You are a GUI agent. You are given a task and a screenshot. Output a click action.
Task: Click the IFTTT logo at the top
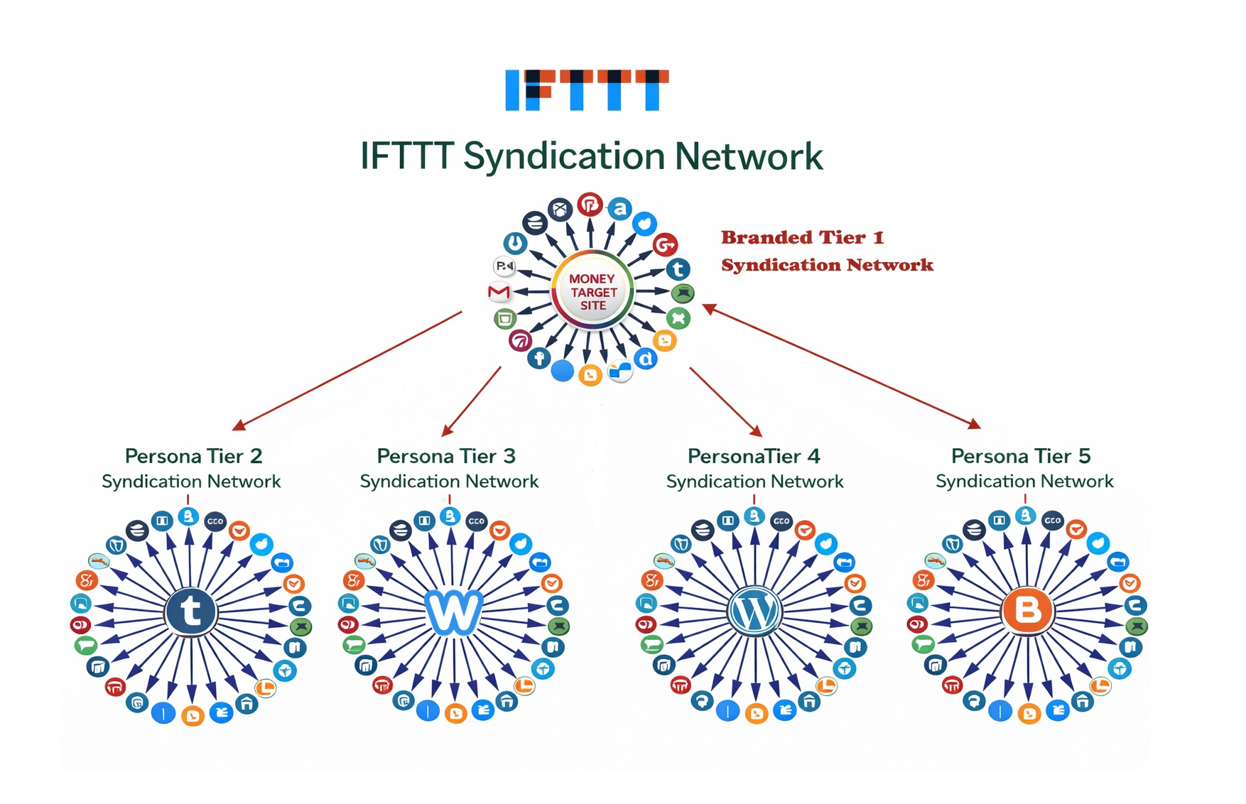587,90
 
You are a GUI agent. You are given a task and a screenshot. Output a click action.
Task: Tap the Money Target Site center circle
592,292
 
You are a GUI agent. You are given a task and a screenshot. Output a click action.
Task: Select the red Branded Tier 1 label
802,238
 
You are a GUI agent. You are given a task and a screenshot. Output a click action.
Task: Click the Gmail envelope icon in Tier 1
499,292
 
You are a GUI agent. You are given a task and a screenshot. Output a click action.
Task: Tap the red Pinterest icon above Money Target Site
590,205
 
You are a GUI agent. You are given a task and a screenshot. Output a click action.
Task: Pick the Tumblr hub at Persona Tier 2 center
190,611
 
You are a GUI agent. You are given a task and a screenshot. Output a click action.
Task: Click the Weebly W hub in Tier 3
453,612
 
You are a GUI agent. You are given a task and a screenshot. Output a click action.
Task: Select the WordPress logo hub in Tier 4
754,612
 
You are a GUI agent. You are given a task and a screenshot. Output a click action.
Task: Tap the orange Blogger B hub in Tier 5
1026,610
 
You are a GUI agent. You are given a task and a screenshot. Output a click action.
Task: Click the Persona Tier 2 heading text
193,456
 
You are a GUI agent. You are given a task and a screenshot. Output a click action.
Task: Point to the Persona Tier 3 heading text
446,456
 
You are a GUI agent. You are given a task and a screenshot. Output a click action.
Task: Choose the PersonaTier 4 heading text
753,456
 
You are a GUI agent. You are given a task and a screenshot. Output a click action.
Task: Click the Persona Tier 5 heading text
1020,456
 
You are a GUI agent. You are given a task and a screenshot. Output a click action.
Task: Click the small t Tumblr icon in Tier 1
678,269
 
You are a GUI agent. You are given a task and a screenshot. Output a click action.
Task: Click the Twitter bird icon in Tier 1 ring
644,224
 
